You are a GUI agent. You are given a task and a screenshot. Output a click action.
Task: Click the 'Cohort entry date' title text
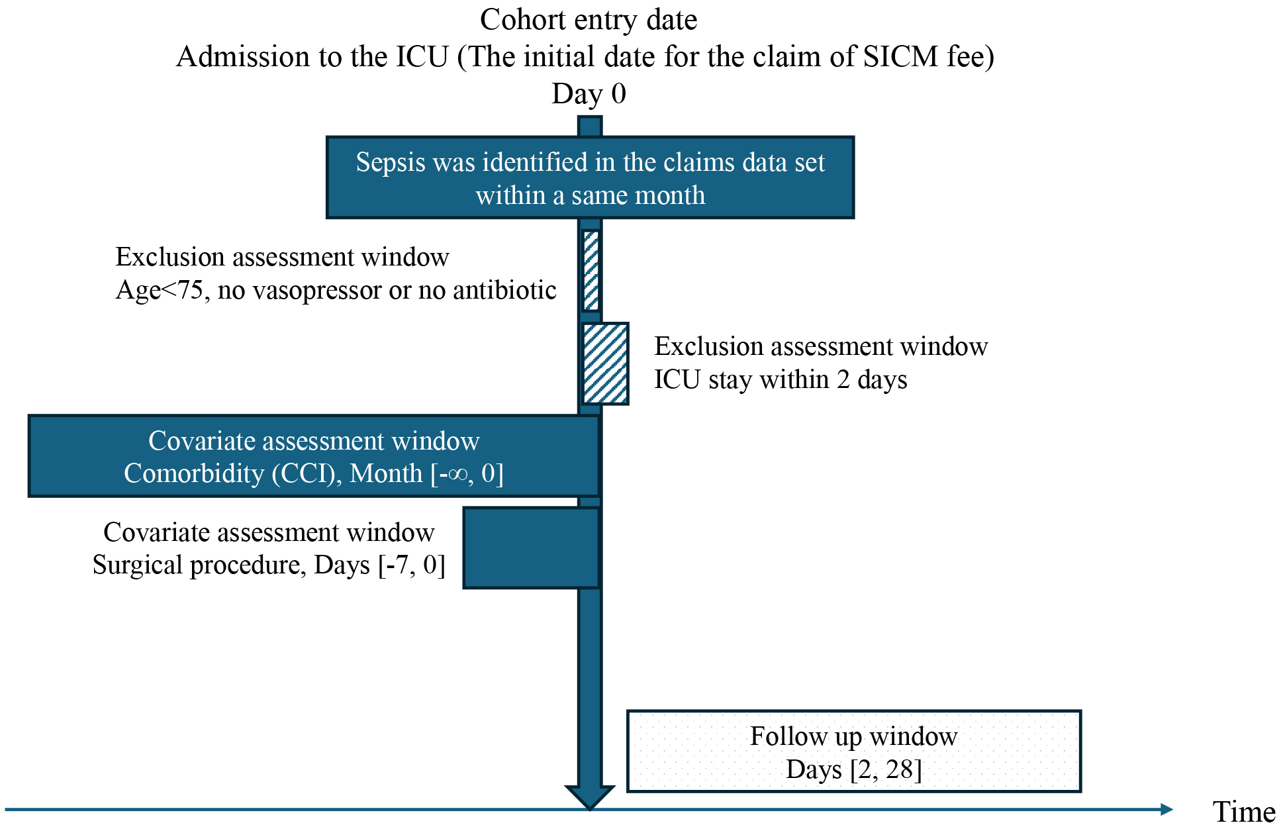(x=589, y=19)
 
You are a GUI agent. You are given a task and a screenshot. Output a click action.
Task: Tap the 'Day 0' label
(x=589, y=93)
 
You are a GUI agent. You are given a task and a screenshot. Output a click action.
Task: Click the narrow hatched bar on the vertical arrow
(x=591, y=270)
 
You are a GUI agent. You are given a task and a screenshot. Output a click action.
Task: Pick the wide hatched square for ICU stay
(x=605, y=364)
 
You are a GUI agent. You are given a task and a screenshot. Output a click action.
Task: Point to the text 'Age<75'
(x=160, y=290)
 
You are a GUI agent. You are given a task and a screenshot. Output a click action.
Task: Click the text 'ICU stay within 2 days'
(x=781, y=379)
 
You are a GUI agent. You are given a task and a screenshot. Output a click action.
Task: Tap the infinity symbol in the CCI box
(x=457, y=474)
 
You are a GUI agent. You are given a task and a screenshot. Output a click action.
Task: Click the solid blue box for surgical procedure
(x=531, y=548)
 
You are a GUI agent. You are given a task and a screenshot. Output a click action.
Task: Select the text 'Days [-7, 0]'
(x=379, y=565)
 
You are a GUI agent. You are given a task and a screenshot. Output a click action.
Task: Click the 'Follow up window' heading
(x=853, y=736)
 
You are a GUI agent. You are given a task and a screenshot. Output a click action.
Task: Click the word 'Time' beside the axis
(x=1244, y=812)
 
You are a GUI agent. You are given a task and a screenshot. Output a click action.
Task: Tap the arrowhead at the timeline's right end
(x=1167, y=809)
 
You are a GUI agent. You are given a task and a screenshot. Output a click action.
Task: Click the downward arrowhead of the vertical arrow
(x=590, y=797)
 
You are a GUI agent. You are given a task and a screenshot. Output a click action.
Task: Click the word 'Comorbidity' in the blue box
(x=194, y=473)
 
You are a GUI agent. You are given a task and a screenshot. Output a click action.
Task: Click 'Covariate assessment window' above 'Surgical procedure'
(x=269, y=532)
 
